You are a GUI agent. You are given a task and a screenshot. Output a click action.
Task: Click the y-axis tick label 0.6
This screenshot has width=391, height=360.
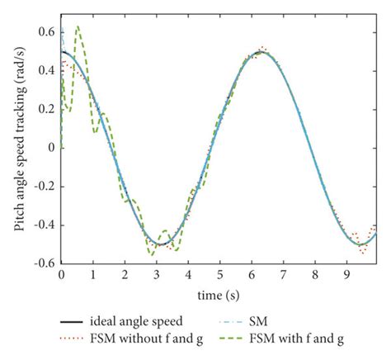click(46, 33)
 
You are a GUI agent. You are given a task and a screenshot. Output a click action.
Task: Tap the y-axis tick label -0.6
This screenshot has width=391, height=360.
click(44, 263)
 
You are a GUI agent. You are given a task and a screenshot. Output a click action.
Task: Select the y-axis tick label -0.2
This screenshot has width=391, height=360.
click(44, 186)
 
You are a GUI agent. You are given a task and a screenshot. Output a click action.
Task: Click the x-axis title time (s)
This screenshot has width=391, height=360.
click(219, 294)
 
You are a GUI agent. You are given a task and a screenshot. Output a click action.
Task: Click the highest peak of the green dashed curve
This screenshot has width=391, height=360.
click(78, 27)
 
